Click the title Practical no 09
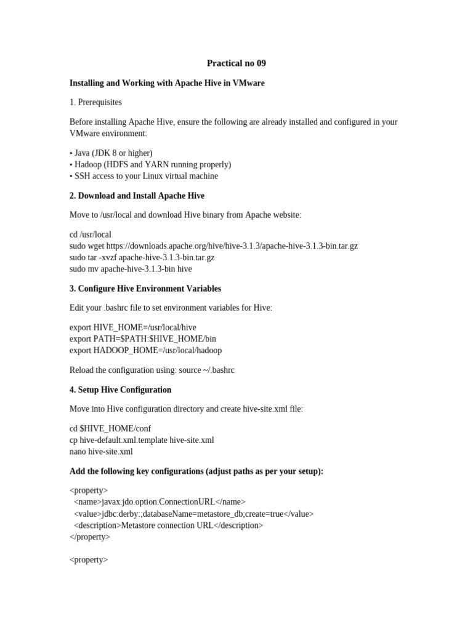pos(236,63)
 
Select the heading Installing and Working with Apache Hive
pos(167,83)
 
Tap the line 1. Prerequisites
pos(95,102)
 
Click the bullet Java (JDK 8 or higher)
pos(111,153)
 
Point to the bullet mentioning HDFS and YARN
pos(150,164)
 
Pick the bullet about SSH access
pos(144,176)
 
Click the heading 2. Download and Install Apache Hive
pos(137,196)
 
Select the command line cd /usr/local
pos(91,234)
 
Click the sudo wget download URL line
pos(214,246)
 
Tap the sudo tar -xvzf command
pos(142,257)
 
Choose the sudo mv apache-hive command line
pos(131,269)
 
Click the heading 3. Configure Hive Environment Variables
pos(145,289)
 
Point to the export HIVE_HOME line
pos(133,327)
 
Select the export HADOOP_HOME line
pos(146,350)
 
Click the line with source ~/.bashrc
pos(152,370)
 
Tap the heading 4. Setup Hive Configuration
pos(121,390)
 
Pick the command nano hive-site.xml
pos(102,451)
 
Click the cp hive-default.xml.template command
pos(142,440)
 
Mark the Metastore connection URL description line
pos(168,525)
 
